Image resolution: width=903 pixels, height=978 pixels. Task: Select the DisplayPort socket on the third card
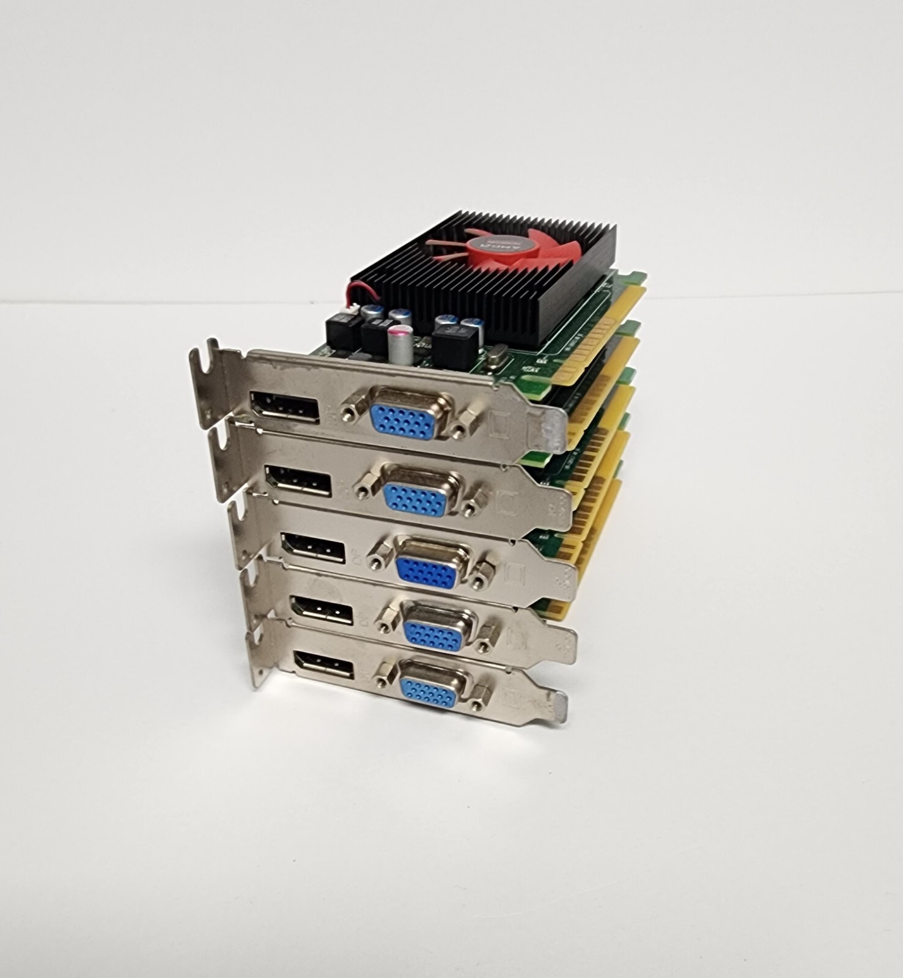click(312, 547)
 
